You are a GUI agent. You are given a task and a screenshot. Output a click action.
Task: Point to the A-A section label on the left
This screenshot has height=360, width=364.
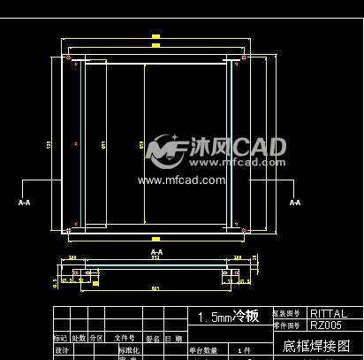point(24,202)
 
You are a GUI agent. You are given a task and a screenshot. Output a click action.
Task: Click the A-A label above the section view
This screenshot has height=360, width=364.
point(156,252)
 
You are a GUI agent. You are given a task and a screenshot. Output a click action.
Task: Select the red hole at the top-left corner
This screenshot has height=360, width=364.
point(69,58)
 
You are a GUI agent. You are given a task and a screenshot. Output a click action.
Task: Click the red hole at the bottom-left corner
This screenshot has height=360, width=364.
point(69,232)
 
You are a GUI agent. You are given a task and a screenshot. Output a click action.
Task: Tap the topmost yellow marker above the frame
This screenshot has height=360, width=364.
point(155,36)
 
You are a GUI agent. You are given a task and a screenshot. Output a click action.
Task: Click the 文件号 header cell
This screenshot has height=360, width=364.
point(124,338)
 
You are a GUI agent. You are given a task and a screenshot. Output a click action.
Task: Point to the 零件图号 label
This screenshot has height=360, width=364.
point(286,326)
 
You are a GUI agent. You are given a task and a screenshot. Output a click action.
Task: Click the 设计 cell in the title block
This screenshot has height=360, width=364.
point(61,350)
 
